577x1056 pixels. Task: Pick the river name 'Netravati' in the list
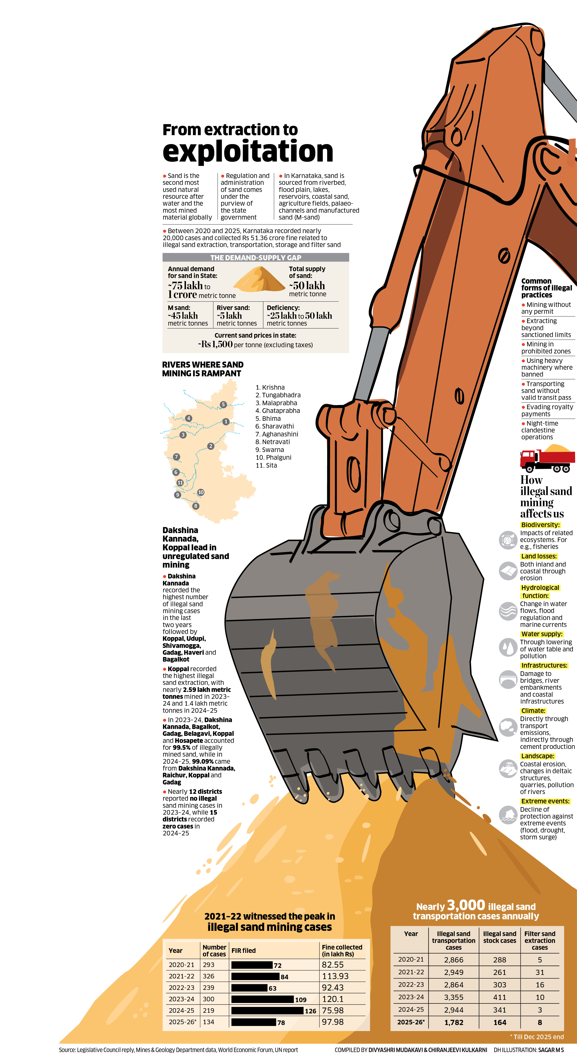[276, 442]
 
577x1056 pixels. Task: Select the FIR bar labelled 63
[249, 988]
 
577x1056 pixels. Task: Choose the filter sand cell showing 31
[540, 972]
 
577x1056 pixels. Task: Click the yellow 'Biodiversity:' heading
[540, 525]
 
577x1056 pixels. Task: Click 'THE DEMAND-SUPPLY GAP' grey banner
[256, 257]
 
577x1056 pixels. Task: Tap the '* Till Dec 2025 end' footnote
[537, 1037]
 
